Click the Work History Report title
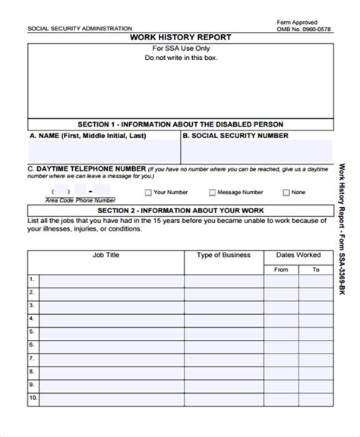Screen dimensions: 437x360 (180, 36)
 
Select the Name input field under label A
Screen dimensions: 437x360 (103, 150)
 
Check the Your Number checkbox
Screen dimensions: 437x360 (148, 193)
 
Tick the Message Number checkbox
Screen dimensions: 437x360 (213, 193)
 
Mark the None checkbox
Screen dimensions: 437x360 (286, 193)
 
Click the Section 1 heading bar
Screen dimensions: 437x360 (180, 123)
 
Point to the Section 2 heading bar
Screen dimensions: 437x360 (180, 210)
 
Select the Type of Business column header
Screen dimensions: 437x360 (224, 255)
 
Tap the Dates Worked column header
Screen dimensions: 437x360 (298, 255)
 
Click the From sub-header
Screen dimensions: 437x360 (281, 269)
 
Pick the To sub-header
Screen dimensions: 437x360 (314, 269)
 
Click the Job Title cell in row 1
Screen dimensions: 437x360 (110, 281)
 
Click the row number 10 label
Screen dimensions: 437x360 (33, 418)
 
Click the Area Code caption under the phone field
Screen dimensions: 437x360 (58, 200)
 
